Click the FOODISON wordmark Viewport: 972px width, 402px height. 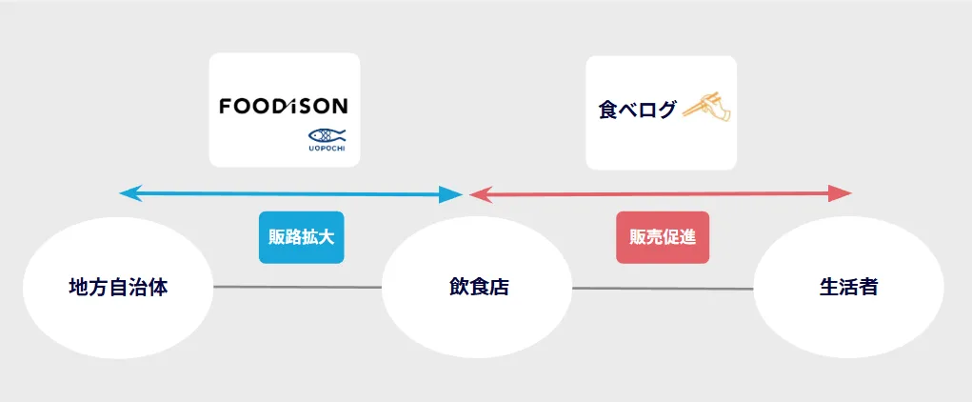pos(283,106)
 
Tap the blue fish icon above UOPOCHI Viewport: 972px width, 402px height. pos(326,134)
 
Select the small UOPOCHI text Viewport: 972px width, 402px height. pos(326,149)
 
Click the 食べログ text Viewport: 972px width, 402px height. pos(637,110)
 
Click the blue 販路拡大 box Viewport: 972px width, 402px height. pos(301,237)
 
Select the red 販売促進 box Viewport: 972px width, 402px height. pos(663,237)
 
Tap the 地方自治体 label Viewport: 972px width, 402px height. pos(118,287)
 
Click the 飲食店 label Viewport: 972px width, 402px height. pos(479,287)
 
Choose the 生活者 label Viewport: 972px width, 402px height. pos(848,287)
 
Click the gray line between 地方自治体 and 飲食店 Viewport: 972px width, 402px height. pos(297,287)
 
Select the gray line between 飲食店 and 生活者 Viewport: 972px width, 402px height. pos(663,288)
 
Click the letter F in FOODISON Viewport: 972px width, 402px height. pos(226,106)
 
